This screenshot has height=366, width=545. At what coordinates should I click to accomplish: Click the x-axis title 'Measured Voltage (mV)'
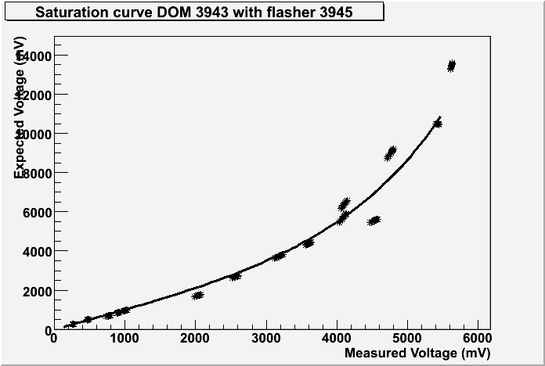[417, 353]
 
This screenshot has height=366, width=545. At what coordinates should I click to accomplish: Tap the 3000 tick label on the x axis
[265, 338]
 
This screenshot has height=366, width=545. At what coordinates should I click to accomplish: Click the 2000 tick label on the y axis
[36, 291]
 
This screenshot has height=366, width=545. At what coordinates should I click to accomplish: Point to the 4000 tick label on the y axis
[36, 251]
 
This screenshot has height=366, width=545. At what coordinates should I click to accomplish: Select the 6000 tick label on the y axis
[36, 212]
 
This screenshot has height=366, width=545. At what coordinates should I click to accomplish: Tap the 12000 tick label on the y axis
[34, 95]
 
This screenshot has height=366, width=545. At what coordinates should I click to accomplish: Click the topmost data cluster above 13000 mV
[451, 66]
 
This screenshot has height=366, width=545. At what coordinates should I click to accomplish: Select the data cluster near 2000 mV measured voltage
[197, 295]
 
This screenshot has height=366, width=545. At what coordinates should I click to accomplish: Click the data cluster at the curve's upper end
[438, 124]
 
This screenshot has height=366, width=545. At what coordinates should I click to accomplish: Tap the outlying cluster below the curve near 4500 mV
[374, 221]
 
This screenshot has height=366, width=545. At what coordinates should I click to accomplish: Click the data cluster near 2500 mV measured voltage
[234, 276]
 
